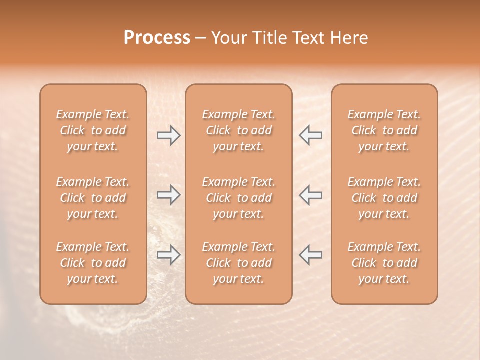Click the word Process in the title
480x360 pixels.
point(157,38)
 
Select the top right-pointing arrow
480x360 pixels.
point(168,135)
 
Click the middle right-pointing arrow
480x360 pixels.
point(168,195)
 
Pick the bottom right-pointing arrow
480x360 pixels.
point(168,255)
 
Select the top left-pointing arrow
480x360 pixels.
point(310,135)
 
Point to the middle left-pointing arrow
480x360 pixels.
point(310,195)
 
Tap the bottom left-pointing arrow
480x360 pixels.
point(310,255)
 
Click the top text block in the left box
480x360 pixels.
point(93,130)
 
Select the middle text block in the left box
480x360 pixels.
point(93,198)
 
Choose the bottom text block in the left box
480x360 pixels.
point(93,263)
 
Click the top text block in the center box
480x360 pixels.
point(238,130)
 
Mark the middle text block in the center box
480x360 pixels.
point(238,198)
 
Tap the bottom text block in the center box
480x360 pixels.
point(238,263)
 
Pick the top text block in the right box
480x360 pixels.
point(384,130)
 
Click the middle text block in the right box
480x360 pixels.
point(384,198)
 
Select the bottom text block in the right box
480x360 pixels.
point(384,263)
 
